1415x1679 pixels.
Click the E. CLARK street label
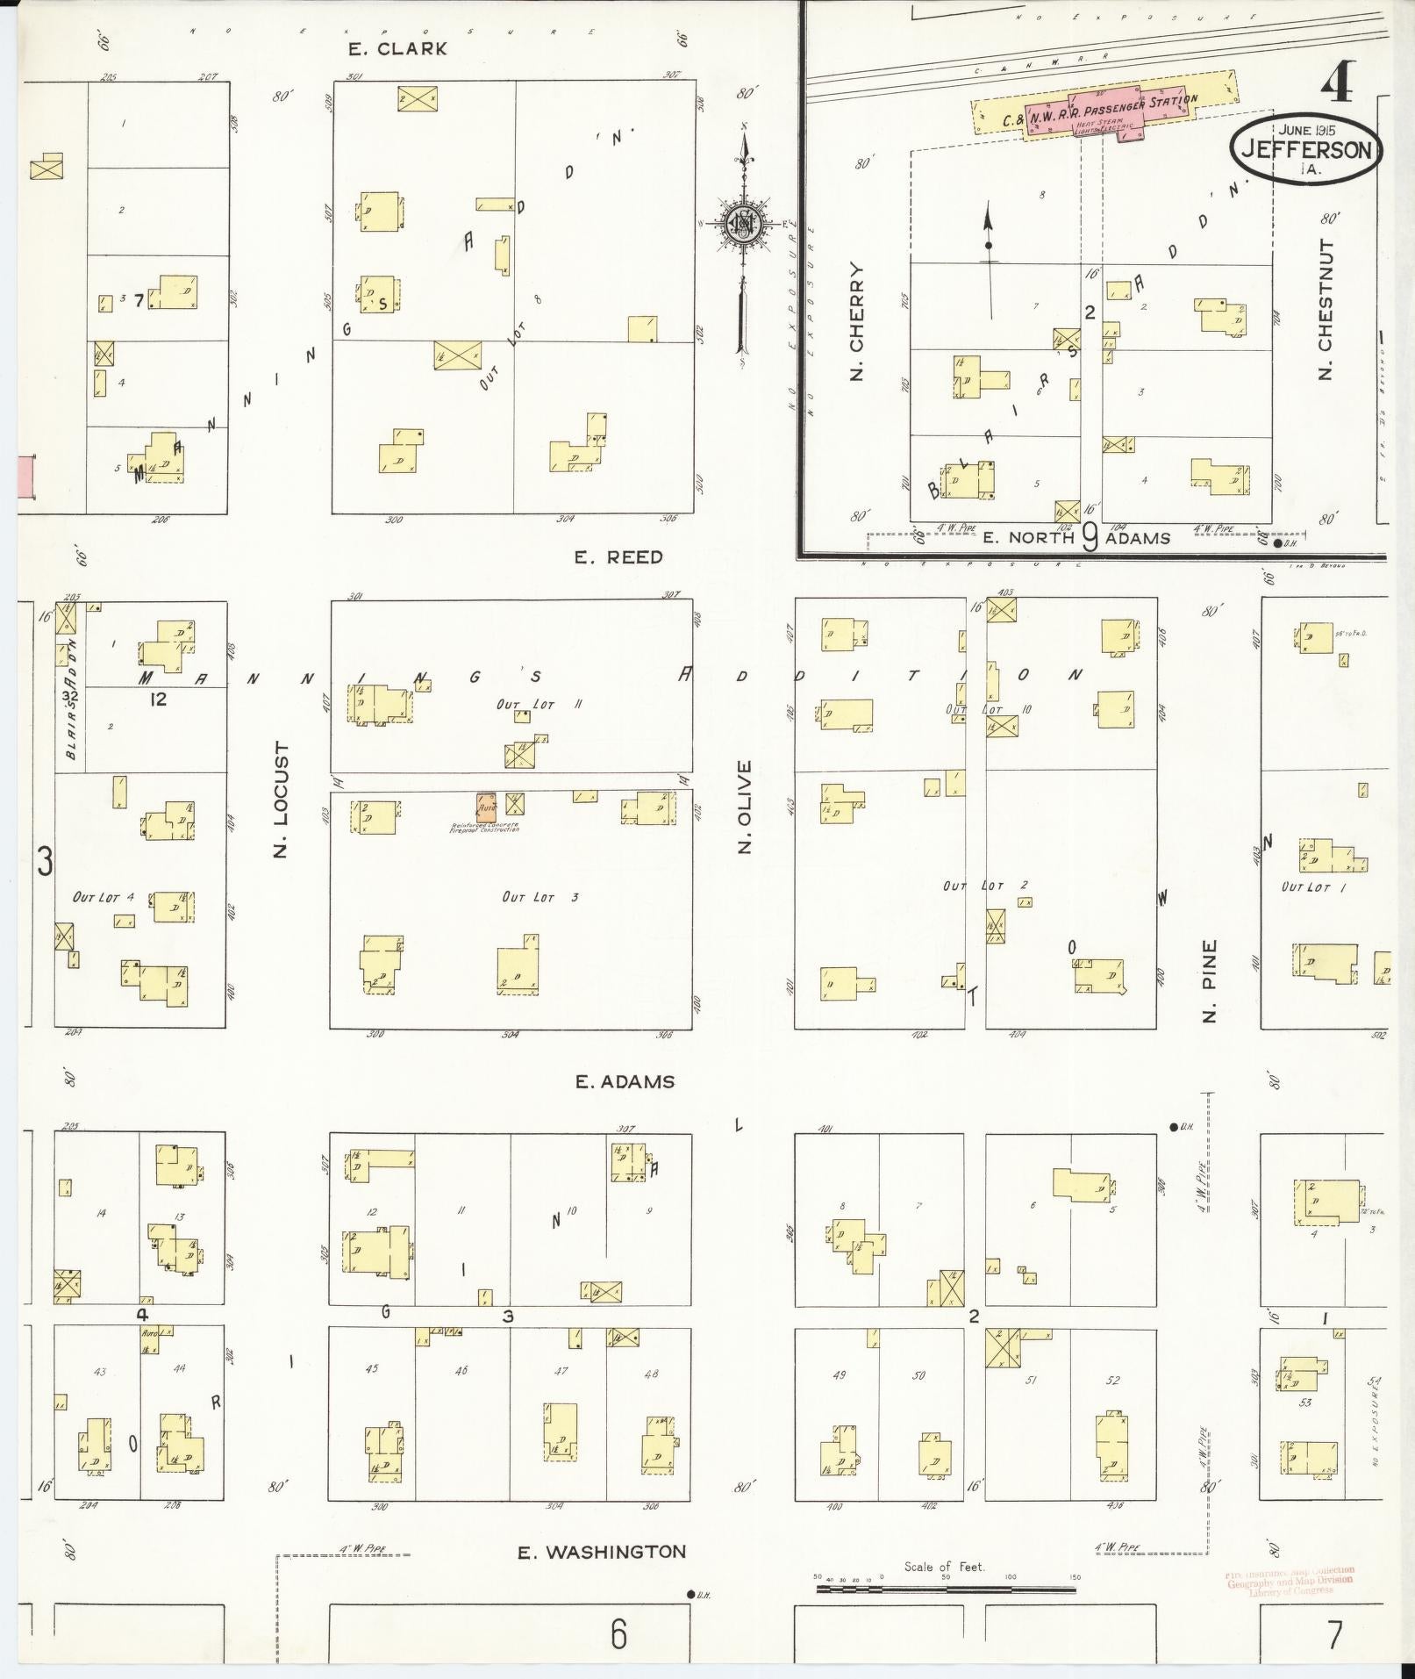tap(397, 49)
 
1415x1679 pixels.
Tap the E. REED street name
tap(618, 557)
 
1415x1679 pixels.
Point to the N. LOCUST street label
tap(281, 800)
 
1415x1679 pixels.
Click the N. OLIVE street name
tap(745, 807)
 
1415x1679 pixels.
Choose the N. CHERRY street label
tap(856, 321)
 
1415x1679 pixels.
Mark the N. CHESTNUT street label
tap(1325, 309)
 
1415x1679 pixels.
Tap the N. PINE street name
tap(1210, 981)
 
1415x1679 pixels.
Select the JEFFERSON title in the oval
tap(1305, 150)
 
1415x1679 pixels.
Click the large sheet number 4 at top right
tap(1340, 85)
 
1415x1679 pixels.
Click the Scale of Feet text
tap(944, 1567)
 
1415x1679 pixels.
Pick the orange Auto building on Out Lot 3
tap(486, 807)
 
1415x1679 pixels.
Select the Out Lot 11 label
tap(527, 704)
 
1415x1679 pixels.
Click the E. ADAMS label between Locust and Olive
tap(625, 1082)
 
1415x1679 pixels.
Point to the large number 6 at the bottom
tap(619, 1633)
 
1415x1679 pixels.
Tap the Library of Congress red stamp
tap(1290, 1581)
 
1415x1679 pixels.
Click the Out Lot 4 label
tap(104, 897)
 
